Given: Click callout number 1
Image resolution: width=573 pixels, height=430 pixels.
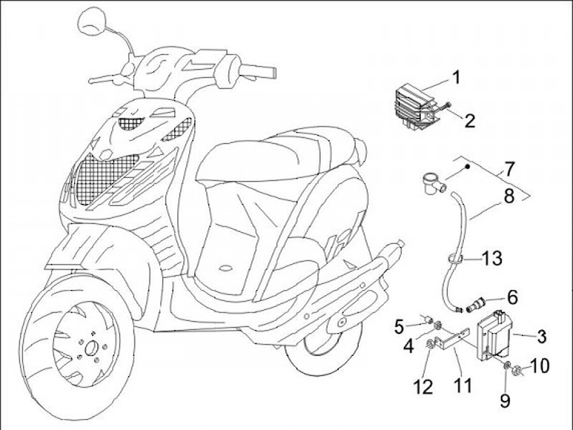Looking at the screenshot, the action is click(x=456, y=77).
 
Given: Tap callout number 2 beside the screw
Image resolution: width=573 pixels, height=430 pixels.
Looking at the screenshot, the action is click(x=470, y=121).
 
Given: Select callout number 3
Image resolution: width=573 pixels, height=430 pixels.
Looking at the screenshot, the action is click(x=542, y=336).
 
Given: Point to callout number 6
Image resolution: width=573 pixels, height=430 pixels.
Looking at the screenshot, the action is click(x=513, y=297).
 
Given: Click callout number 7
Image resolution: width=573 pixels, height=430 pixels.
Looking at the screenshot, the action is click(x=509, y=169).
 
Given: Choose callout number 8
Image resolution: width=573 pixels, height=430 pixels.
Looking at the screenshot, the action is click(x=509, y=196).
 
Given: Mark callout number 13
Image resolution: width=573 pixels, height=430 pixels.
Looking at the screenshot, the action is click(x=492, y=258).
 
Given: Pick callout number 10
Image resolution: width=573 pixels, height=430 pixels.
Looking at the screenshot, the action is click(x=539, y=366).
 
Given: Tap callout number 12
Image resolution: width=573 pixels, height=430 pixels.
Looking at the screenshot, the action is click(x=423, y=386).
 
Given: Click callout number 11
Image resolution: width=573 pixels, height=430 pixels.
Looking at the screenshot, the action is click(x=463, y=385).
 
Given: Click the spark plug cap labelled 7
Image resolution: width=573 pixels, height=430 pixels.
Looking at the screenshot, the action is click(x=435, y=184).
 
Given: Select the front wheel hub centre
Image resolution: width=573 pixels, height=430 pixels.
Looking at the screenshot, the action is click(x=90, y=350).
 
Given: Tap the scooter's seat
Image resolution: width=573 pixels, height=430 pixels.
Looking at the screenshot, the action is click(x=278, y=155).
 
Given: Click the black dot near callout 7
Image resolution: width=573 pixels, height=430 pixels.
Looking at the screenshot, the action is click(x=467, y=167).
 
